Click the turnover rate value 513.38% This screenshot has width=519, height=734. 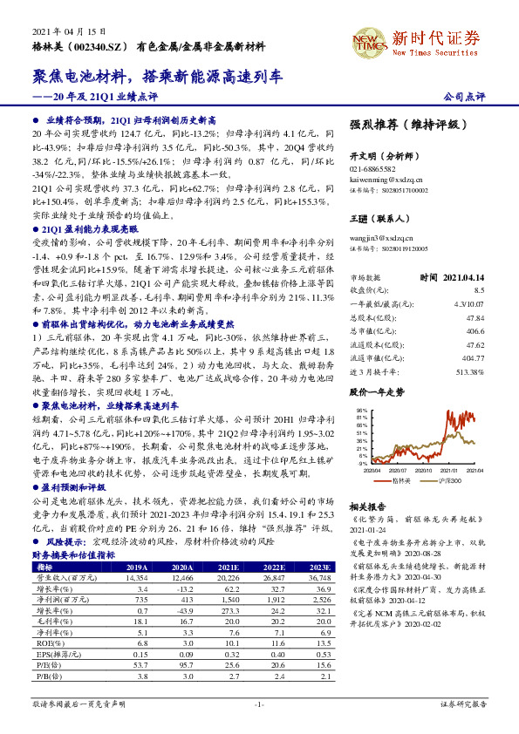click(x=471, y=371)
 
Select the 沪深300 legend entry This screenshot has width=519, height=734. click(x=447, y=481)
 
